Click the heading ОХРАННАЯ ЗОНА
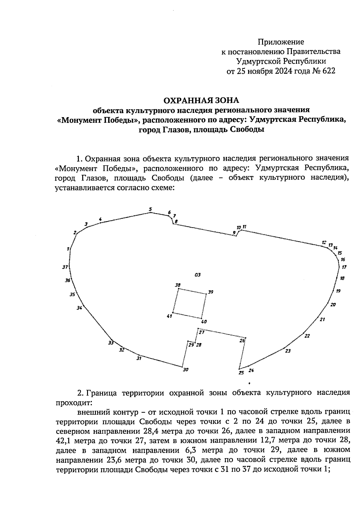pos(201,100)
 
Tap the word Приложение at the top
pos(281,42)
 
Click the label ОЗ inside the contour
pos(197,275)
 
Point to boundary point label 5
pos(150,209)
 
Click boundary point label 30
pos(186,370)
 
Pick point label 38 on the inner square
pos(178,285)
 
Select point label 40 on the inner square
pos(204,322)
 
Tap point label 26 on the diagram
pos(242,341)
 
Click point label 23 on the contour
pos(288,351)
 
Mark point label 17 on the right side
pos(344,267)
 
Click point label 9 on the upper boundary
pos(234,233)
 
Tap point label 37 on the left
pos(65,267)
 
